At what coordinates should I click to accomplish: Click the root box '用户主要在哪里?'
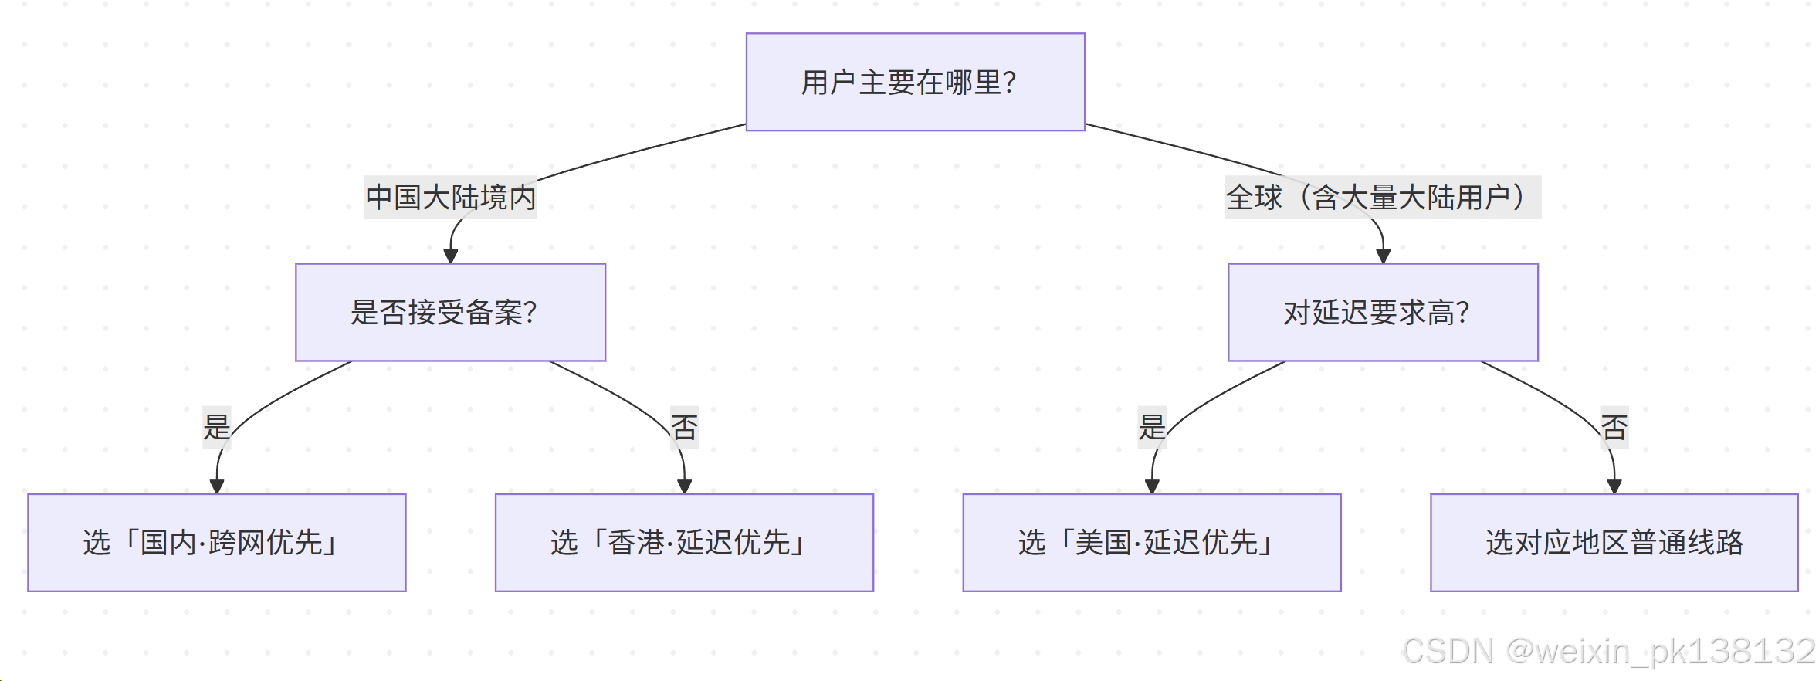[915, 82]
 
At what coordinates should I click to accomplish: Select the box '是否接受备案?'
[450, 312]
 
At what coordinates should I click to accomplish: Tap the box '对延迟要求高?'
[1382, 312]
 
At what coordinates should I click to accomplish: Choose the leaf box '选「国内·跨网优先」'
[216, 542]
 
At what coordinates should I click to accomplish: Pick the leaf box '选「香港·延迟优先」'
[684, 542]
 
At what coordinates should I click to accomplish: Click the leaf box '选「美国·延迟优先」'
[1151, 542]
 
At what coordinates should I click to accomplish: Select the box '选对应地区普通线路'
[1614, 542]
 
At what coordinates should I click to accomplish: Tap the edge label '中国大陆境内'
[450, 197]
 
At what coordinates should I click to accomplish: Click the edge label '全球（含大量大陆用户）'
[1382, 197]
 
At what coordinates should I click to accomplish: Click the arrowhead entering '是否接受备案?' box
[451, 256]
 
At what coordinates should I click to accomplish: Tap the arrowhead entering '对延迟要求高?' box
[1383, 256]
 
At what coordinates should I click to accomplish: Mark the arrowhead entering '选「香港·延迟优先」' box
[684, 486]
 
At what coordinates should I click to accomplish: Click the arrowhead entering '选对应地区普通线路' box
[1614, 486]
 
